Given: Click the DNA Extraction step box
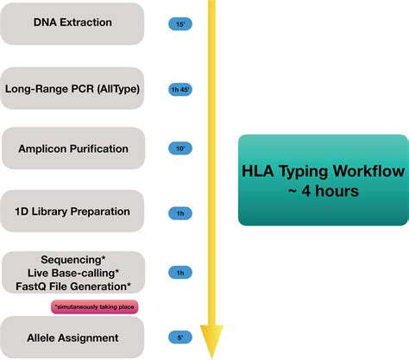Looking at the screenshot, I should click(72, 23).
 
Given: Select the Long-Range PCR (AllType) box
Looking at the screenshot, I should click(72, 87).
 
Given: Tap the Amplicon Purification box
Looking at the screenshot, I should click(72, 148).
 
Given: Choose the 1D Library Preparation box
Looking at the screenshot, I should click(72, 211).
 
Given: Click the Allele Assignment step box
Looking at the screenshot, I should click(72, 338).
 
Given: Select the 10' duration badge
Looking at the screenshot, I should click(180, 149).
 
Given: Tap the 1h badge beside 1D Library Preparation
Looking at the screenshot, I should click(180, 212).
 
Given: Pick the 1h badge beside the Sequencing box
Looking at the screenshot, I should click(180, 274).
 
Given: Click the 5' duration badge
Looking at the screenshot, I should click(180, 338).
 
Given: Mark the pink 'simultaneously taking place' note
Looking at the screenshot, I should click(96, 306).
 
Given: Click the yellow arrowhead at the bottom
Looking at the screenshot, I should click(211, 340).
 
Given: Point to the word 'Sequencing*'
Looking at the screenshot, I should click(72, 260).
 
